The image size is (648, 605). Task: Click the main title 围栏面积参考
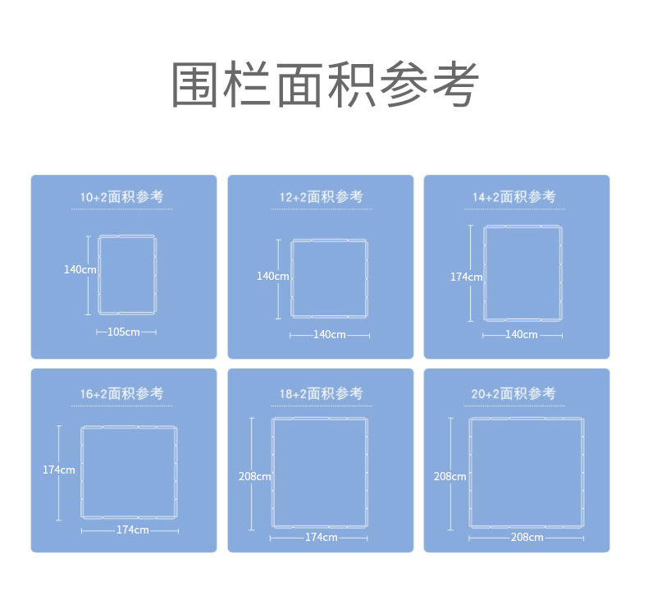pyautogui.click(x=325, y=85)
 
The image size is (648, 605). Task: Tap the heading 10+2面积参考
pyautogui.click(x=122, y=197)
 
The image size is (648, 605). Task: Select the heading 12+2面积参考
pyautogui.click(x=321, y=197)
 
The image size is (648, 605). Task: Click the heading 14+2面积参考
pyautogui.click(x=514, y=197)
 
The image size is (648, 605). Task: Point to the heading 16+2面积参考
pyautogui.click(x=122, y=393)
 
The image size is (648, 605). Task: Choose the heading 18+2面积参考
pyautogui.click(x=321, y=393)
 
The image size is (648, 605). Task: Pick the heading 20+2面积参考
pyautogui.click(x=513, y=393)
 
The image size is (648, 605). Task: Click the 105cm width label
pyautogui.click(x=124, y=332)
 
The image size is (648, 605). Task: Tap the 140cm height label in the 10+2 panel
pyautogui.click(x=80, y=269)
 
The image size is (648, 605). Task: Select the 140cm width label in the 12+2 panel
pyautogui.click(x=330, y=335)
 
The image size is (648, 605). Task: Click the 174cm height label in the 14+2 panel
pyautogui.click(x=467, y=277)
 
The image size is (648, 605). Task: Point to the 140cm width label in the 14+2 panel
pyautogui.click(x=522, y=335)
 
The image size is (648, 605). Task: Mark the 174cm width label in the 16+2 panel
pyautogui.click(x=133, y=529)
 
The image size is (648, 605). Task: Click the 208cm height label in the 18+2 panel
pyautogui.click(x=255, y=476)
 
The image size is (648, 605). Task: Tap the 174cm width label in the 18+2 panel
pyautogui.click(x=321, y=537)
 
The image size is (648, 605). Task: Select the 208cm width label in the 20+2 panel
pyautogui.click(x=527, y=537)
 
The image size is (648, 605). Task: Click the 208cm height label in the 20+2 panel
pyautogui.click(x=450, y=476)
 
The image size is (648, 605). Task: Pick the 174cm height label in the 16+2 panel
pyautogui.click(x=59, y=470)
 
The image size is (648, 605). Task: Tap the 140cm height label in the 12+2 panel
pyautogui.click(x=273, y=277)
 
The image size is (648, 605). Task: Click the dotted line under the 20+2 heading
pyautogui.click(x=514, y=406)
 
